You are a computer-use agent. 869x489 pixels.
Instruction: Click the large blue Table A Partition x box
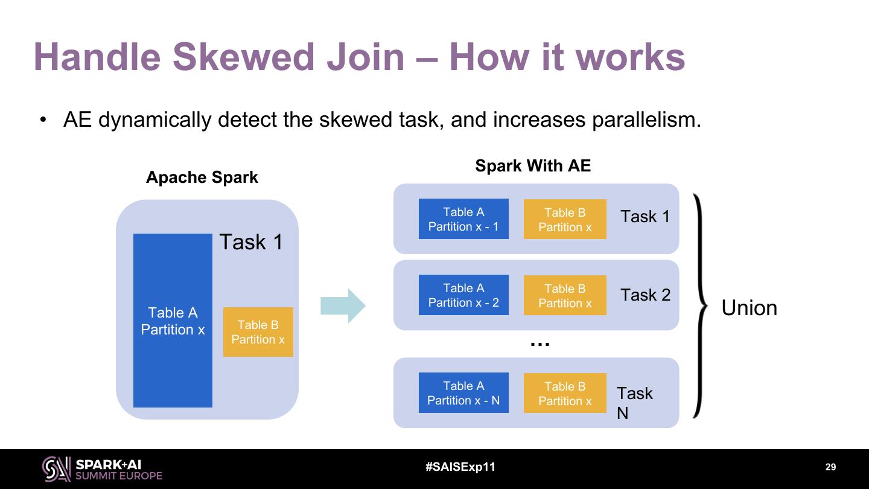(173, 321)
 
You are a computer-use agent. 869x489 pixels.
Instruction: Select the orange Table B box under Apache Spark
(258, 332)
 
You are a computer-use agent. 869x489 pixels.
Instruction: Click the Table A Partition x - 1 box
(463, 219)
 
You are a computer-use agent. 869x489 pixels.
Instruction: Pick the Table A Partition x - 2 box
(463, 295)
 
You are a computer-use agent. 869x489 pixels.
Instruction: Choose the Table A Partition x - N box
(463, 393)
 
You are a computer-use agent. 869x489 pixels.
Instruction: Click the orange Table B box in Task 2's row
(565, 295)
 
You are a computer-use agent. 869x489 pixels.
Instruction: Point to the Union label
(749, 308)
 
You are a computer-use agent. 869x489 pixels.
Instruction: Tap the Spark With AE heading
(533, 166)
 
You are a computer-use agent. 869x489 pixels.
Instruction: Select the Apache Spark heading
(202, 177)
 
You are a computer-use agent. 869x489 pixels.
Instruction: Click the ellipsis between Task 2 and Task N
(540, 344)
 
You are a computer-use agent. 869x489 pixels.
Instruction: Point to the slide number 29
(830, 467)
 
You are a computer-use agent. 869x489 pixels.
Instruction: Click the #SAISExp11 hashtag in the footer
(460, 467)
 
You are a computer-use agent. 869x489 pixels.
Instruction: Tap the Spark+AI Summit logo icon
(56, 468)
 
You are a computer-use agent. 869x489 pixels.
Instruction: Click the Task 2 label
(645, 295)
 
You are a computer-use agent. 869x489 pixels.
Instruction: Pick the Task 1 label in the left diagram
(251, 242)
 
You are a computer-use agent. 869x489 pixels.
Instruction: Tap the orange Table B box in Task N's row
(565, 393)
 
